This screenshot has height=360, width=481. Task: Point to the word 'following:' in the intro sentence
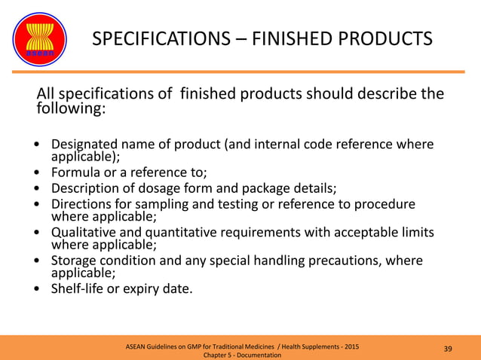coord(71,109)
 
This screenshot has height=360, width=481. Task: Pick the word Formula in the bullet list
coord(75,172)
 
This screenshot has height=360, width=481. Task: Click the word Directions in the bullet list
coord(81,205)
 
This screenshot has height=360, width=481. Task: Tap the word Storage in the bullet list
coord(75,261)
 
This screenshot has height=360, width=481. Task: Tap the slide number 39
coord(448,348)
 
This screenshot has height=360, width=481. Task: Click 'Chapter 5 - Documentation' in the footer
coord(243,355)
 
